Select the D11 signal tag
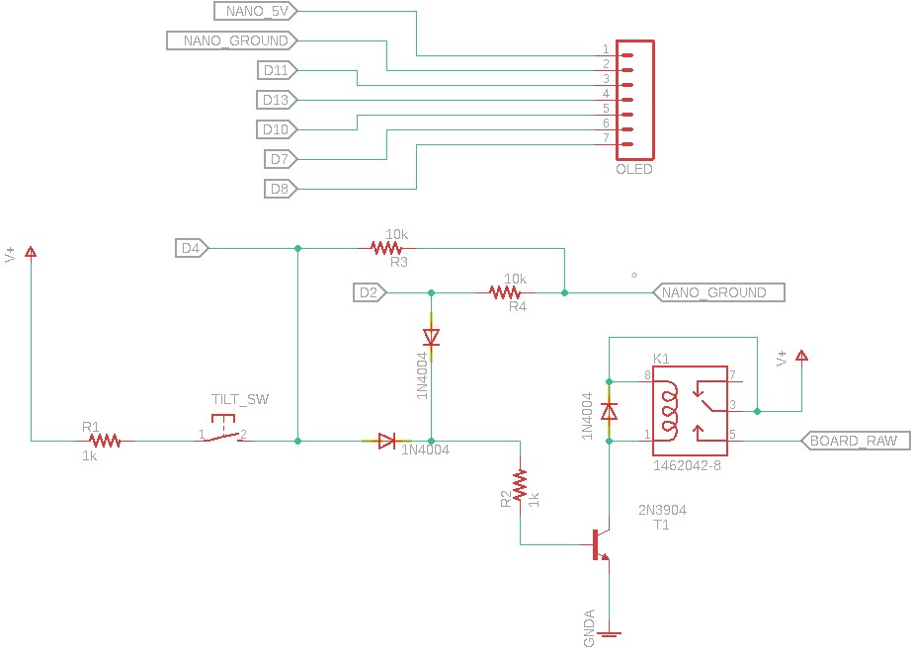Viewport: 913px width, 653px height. point(278,70)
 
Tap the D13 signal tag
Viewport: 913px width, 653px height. point(278,100)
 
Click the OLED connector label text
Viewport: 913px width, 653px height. point(634,169)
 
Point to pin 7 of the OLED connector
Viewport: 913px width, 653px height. point(626,144)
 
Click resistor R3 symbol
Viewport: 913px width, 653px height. point(387,248)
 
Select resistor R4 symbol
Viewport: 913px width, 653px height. point(505,292)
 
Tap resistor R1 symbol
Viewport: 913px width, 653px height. point(105,441)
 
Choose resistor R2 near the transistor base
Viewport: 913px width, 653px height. point(520,486)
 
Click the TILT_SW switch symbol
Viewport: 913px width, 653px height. point(225,435)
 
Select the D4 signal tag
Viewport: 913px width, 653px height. point(192,248)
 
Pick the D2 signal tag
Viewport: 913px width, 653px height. point(370,292)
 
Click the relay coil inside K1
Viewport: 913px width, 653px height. point(670,406)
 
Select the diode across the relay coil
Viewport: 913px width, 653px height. point(609,410)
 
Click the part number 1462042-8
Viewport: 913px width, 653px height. point(687,464)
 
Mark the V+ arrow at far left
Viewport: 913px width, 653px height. point(31,252)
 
